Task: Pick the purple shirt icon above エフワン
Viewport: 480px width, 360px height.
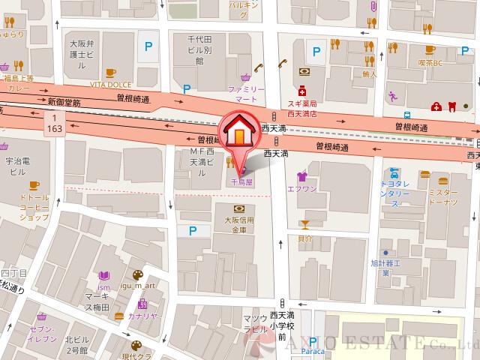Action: point(302,177)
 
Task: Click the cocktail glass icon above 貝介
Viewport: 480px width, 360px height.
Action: point(304,223)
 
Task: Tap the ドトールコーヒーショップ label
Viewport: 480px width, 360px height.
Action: point(33,209)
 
